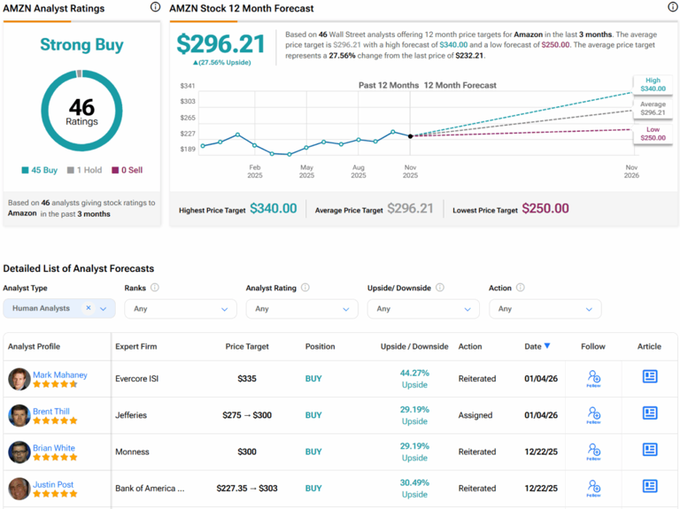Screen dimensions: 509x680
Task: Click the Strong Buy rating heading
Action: tap(81, 45)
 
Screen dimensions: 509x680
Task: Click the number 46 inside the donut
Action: tap(81, 107)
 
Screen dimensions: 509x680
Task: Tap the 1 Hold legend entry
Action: tap(86, 170)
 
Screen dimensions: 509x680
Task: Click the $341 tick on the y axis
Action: tap(188, 86)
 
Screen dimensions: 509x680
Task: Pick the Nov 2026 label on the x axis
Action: tap(631, 171)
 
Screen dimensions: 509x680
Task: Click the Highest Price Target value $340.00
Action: tap(273, 209)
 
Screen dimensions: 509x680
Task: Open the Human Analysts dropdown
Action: tap(59, 308)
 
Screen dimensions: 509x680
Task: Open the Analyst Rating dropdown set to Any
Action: tap(302, 309)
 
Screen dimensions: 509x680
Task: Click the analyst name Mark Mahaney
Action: tap(59, 374)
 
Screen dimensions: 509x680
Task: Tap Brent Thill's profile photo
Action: tap(19, 415)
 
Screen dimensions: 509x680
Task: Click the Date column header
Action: tap(537, 346)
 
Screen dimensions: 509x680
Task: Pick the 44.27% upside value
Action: tap(414, 373)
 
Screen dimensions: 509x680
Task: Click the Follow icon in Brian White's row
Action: tap(594, 451)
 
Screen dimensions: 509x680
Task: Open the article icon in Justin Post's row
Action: tap(649, 487)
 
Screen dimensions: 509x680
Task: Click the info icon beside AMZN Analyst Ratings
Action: tap(155, 8)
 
